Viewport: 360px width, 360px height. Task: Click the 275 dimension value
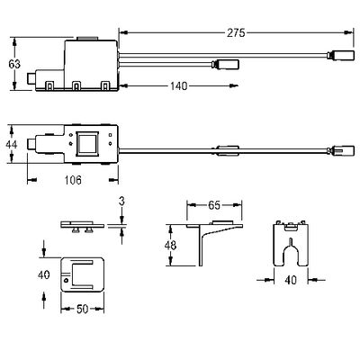pos(236,32)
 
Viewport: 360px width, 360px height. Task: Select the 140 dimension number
pos(179,86)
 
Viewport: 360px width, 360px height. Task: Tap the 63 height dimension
pos(14,64)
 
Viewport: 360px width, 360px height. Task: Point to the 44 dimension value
pos(12,144)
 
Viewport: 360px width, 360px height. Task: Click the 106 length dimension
pos(73,180)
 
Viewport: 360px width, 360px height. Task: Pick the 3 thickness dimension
pos(121,202)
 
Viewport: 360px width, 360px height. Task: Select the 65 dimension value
pos(214,205)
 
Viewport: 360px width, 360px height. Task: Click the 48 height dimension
pos(170,246)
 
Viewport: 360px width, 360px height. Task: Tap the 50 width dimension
pos(83,309)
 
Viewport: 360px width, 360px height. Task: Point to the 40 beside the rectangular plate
pos(44,274)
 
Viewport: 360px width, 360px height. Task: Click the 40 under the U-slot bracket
pos(291,280)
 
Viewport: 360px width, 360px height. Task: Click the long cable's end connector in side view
pos(341,55)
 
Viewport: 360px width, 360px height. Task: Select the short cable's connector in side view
pos(225,64)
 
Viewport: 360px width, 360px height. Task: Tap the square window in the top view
pos(87,143)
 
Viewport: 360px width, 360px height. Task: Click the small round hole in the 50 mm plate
pos(67,280)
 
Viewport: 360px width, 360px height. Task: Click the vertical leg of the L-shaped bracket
pos(201,246)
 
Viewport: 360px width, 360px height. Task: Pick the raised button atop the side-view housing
pos(87,39)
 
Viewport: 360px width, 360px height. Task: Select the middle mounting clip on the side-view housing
pos(76,85)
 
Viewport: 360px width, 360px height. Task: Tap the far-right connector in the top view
pos(341,150)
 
